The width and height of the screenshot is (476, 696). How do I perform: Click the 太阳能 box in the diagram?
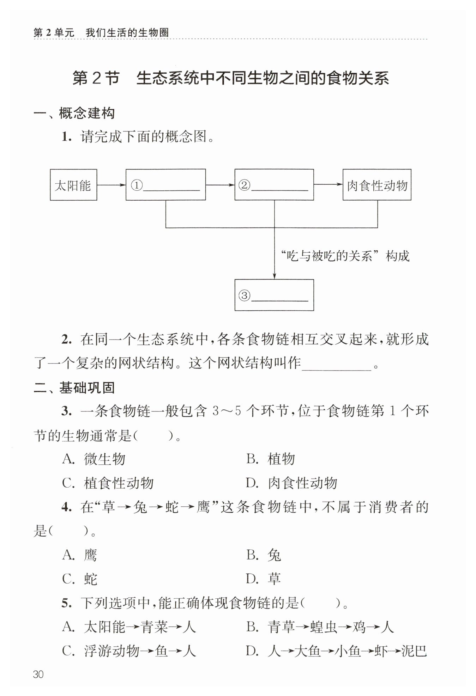tap(73, 185)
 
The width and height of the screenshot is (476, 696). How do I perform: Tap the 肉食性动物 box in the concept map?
tap(376, 185)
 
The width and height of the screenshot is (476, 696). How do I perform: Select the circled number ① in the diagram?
tap(137, 185)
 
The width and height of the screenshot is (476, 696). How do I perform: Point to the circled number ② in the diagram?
tap(244, 185)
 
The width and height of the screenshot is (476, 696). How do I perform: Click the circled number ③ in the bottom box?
tap(244, 295)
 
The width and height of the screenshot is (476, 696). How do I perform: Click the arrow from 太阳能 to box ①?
tap(111, 184)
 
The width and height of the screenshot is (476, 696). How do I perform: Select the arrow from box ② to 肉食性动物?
tap(328, 184)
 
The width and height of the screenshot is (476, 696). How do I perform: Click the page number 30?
tap(38, 674)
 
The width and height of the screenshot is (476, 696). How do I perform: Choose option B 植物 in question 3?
tap(270, 459)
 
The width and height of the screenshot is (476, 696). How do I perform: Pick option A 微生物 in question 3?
tap(94, 459)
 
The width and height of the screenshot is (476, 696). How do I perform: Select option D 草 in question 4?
tap(263, 579)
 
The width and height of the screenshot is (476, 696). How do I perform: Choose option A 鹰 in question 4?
tap(80, 555)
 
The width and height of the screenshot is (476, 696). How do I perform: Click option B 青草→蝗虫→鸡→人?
tap(320, 627)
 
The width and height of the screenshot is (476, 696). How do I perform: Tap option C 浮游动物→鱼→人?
tap(129, 651)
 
